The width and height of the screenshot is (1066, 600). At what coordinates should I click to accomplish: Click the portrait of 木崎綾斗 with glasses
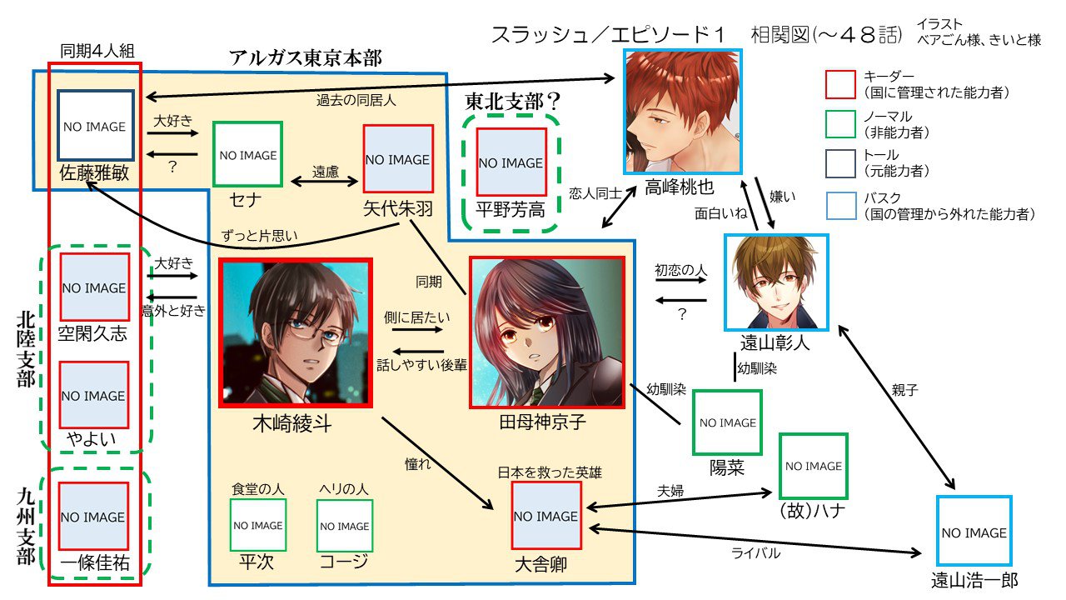(x=295, y=332)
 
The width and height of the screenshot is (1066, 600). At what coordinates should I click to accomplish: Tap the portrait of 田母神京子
(x=547, y=332)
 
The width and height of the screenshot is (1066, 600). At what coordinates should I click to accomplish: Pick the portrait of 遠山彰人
(x=776, y=282)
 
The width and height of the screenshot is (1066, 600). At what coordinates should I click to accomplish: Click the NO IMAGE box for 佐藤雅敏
(x=95, y=126)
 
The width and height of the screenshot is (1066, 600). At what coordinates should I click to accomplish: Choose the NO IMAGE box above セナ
(x=247, y=155)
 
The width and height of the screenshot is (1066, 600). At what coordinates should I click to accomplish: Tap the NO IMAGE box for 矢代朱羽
(x=398, y=159)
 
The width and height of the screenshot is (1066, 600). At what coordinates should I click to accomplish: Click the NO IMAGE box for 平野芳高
(x=511, y=162)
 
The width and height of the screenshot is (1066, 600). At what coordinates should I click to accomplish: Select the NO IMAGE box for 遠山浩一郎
(x=974, y=532)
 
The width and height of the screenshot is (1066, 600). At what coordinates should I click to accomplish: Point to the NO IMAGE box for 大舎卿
(x=545, y=517)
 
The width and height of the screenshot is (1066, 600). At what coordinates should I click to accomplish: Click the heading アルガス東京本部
(x=306, y=59)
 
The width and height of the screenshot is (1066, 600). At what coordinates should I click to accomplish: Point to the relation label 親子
(x=904, y=389)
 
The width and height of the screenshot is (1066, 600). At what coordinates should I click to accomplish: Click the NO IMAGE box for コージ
(x=345, y=526)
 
